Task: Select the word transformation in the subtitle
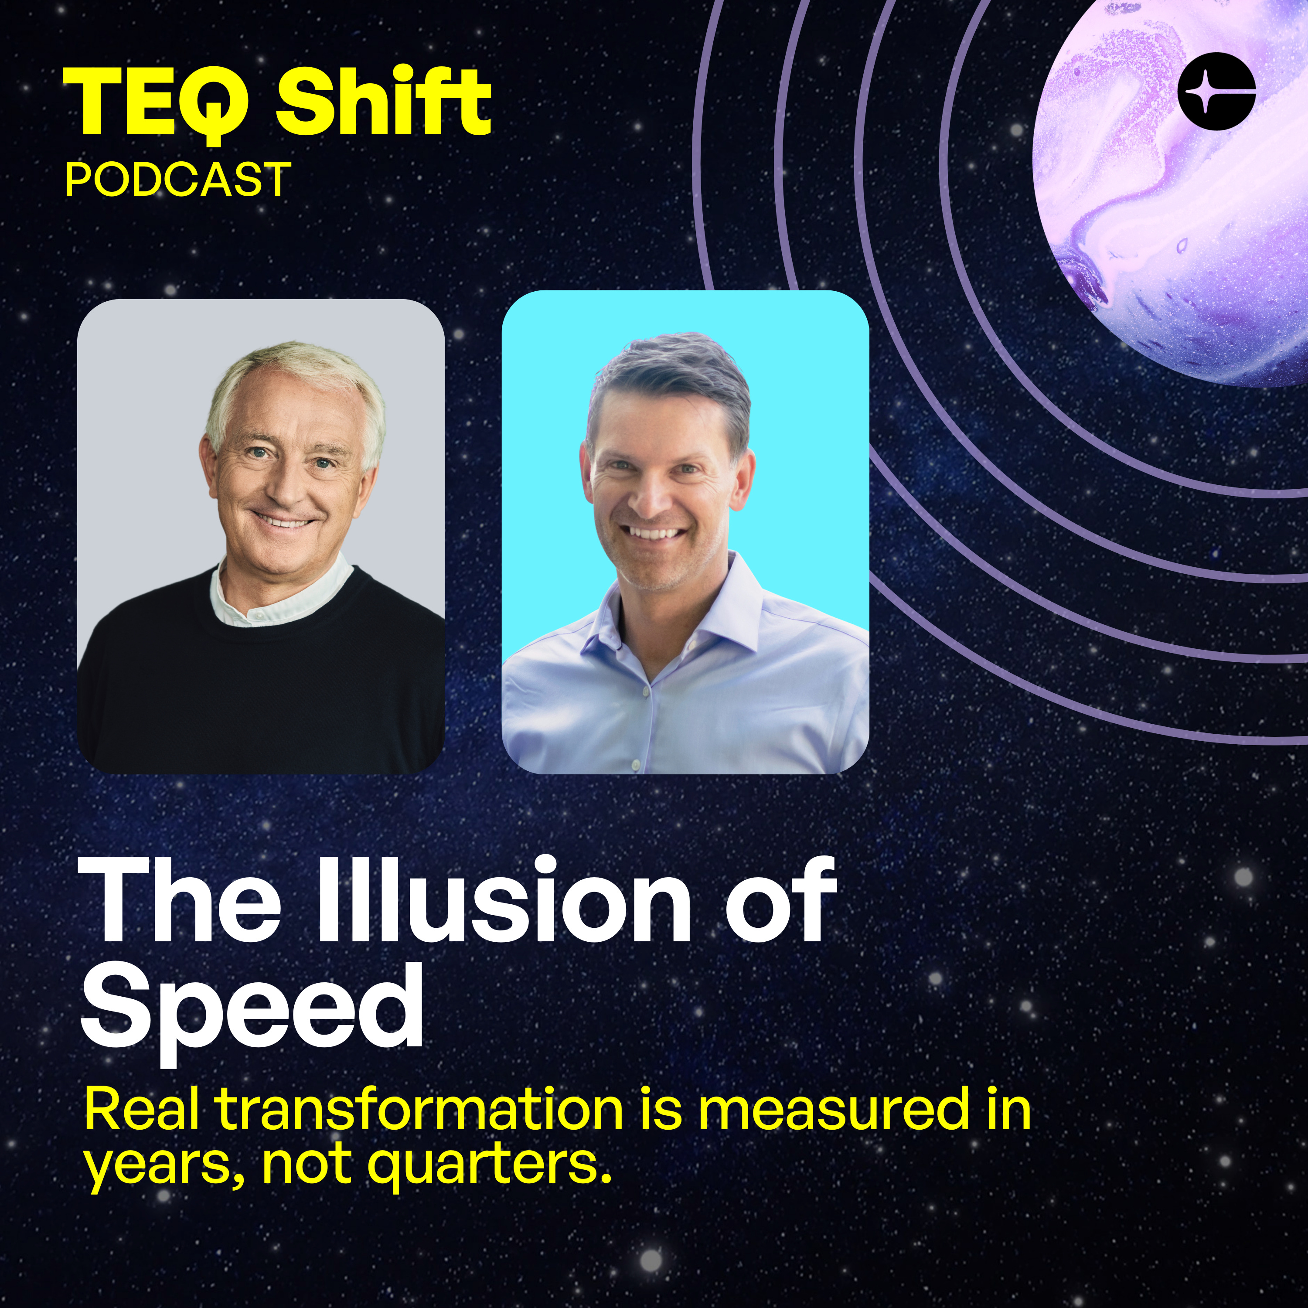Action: [420, 1110]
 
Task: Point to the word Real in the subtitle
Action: [142, 1110]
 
